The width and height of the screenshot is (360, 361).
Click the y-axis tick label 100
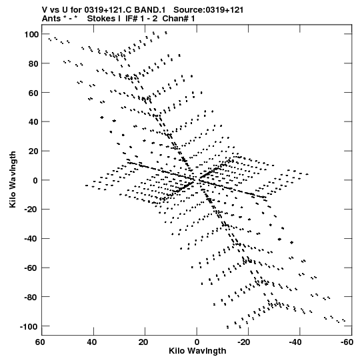pyautogui.click(x=31, y=35)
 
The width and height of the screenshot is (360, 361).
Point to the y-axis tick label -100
pyautogui.click(x=29, y=327)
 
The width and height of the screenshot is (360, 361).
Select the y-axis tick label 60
pyautogui.click(x=33, y=93)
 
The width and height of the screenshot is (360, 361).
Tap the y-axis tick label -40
pyautogui.click(x=31, y=239)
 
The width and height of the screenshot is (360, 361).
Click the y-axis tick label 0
pyautogui.click(x=35, y=181)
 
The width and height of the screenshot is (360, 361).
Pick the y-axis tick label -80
pyautogui.click(x=31, y=298)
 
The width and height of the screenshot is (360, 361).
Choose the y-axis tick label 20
pyautogui.click(x=33, y=151)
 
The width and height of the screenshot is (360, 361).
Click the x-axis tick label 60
pyautogui.click(x=40, y=342)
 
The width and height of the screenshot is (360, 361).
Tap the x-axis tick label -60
pyautogui.click(x=347, y=342)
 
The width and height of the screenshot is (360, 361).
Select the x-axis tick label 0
pyautogui.click(x=197, y=342)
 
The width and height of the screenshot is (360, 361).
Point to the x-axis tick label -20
pyautogui.click(x=243, y=342)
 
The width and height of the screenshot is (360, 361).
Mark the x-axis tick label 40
pyautogui.click(x=92, y=342)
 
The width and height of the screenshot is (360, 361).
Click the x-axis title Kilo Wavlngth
pyautogui.click(x=197, y=351)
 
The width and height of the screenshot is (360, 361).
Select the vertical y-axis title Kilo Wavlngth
pyautogui.click(x=13, y=179)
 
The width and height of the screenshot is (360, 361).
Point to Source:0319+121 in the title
pyautogui.click(x=209, y=10)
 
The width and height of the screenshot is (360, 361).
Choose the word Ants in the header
pyautogui.click(x=51, y=19)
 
